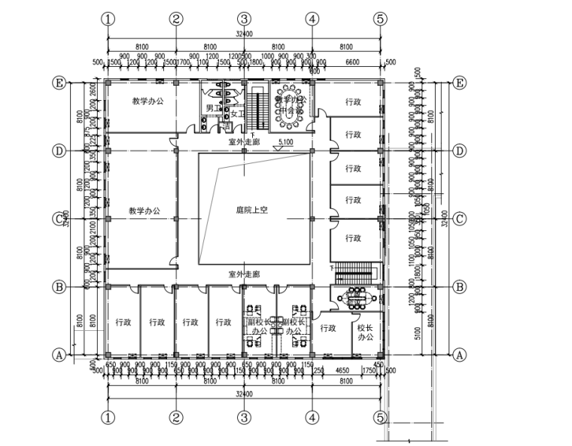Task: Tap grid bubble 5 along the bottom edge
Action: click(x=380, y=415)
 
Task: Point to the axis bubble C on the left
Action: click(x=58, y=219)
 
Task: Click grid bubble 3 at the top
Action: click(x=244, y=19)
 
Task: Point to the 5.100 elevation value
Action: click(x=285, y=141)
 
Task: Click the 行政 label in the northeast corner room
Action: click(x=354, y=101)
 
